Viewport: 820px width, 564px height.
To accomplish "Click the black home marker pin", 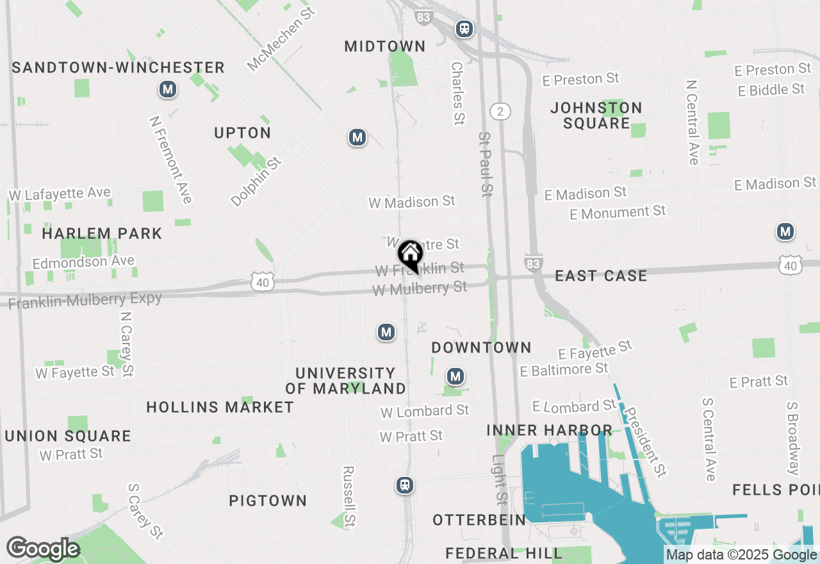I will pos(410,254).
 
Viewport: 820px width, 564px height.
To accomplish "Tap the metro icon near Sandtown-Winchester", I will pos(168,89).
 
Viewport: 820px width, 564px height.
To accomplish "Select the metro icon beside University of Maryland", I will pos(386,332).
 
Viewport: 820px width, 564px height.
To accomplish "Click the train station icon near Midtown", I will pos(464,28).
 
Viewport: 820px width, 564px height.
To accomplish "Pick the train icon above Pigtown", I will pos(404,485).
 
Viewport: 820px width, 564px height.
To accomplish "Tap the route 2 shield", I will pos(500,112).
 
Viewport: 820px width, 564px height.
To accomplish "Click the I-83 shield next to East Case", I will pos(534,262).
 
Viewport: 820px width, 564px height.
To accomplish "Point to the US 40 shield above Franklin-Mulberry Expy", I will pos(263,281).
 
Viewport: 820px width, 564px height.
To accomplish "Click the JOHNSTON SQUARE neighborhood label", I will pos(596,115).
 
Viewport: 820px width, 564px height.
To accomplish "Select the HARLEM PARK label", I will pos(102,233).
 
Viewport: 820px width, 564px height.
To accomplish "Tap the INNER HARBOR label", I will pos(549,429).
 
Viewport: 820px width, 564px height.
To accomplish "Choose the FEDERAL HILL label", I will pos(504,552).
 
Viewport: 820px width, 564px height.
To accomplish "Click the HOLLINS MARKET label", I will pos(220,407).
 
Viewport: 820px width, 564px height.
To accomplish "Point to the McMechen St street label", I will pos(282,39).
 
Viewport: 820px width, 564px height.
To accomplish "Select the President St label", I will pos(646,442).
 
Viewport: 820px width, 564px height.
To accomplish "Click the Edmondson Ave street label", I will pos(83,262).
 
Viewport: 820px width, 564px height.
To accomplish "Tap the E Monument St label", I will pos(618,212).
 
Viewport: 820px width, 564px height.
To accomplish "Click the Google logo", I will pos(42,549).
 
